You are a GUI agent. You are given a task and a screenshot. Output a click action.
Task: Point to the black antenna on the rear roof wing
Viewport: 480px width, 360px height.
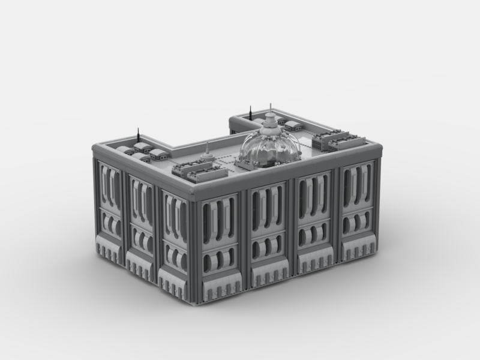click(250, 112)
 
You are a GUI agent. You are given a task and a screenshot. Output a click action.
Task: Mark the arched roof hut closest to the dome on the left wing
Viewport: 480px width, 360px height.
click(158, 154)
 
